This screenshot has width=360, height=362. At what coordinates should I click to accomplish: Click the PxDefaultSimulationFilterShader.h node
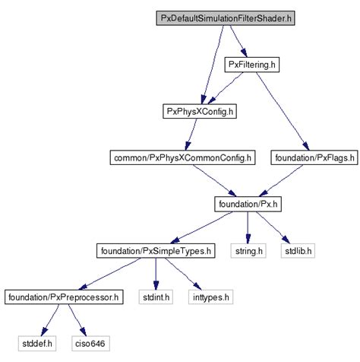[x=226, y=17]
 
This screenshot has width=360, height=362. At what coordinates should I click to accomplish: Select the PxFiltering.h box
[x=254, y=65]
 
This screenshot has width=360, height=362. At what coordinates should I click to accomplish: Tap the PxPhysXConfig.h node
[x=198, y=112]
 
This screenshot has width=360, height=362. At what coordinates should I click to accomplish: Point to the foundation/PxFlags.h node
[x=310, y=158]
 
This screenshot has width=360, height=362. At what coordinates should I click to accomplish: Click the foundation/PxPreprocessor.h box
[x=63, y=296]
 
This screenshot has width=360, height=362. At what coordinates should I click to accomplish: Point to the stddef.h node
[x=36, y=343]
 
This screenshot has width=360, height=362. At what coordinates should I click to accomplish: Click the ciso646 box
[x=89, y=343]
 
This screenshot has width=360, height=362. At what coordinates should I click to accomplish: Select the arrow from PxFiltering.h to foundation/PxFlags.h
[x=281, y=111]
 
